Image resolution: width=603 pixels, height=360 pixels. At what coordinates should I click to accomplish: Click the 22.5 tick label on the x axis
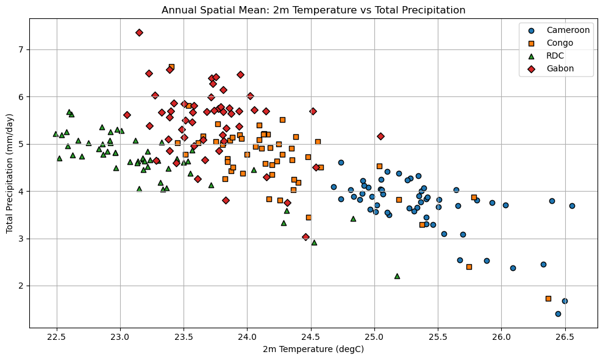tap(57, 337)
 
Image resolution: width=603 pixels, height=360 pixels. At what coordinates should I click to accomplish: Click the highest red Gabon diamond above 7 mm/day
tap(139, 32)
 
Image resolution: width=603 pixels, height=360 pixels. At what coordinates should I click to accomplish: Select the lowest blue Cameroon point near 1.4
tap(558, 314)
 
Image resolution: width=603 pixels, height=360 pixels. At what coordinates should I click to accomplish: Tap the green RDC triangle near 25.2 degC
tap(397, 276)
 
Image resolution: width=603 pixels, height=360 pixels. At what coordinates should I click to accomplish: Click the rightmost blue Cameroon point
tap(572, 206)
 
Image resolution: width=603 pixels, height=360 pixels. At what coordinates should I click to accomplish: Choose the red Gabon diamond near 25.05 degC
tap(380, 136)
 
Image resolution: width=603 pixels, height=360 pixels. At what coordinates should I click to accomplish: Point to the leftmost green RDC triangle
tap(55, 134)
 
